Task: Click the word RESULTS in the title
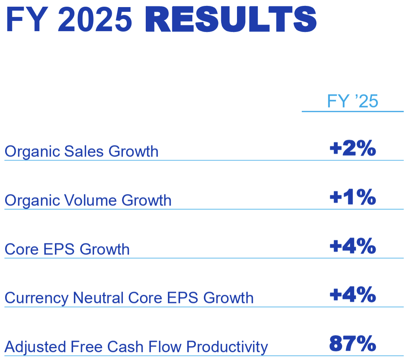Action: pyautogui.click(x=231, y=19)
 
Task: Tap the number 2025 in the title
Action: pyautogui.click(x=95, y=19)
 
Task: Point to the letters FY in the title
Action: pyautogui.click(x=27, y=19)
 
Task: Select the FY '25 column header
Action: pyautogui.click(x=352, y=101)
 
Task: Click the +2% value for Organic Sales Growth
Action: pyautogui.click(x=353, y=148)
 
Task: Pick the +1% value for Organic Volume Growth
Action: pyautogui.click(x=353, y=197)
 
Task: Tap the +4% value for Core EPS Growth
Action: pyautogui.click(x=353, y=246)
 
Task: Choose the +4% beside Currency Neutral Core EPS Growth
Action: pyautogui.click(x=353, y=294)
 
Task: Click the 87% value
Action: pyautogui.click(x=353, y=343)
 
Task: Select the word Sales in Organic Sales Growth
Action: pyautogui.click(x=84, y=151)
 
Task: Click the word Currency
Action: pyautogui.click(x=36, y=298)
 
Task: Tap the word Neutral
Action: pyautogui.click(x=98, y=298)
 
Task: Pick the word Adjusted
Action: pyautogui.click(x=35, y=347)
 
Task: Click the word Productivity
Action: pyautogui.click(x=227, y=347)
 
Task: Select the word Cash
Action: pyautogui.click(x=126, y=347)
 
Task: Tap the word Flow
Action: pyautogui.click(x=165, y=347)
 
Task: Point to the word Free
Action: pyautogui.click(x=86, y=347)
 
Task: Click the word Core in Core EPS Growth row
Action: pyautogui.click(x=22, y=249)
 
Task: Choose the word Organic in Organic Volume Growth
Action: pyautogui.click(x=32, y=201)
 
